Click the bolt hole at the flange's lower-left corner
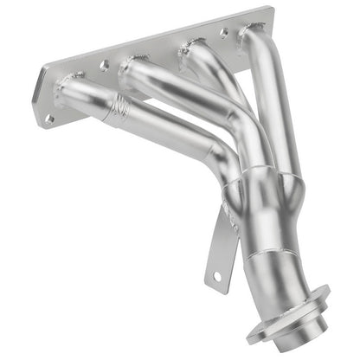(x=49, y=118)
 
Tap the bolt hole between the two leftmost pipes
(x=104, y=64)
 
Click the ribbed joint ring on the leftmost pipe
(x=122, y=109)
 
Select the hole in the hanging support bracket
(x=216, y=275)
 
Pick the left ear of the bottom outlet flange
(x=255, y=333)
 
